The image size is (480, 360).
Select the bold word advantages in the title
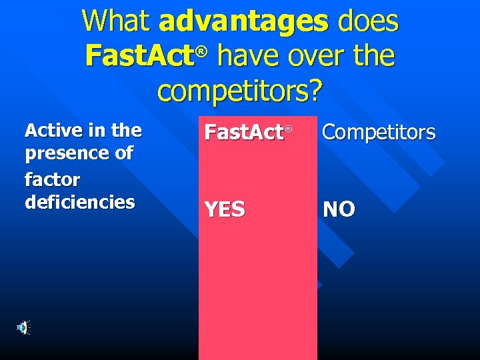click(x=244, y=21)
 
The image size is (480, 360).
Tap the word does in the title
click(x=368, y=21)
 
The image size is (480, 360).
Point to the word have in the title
click(x=249, y=55)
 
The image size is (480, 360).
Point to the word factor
click(x=52, y=179)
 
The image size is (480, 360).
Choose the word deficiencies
click(x=79, y=202)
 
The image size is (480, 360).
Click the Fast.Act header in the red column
click(x=244, y=133)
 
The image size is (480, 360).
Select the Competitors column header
click(x=379, y=133)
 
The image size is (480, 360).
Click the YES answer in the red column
click(x=225, y=210)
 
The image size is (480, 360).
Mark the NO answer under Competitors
click(x=339, y=209)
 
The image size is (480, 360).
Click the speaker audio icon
click(x=23, y=327)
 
